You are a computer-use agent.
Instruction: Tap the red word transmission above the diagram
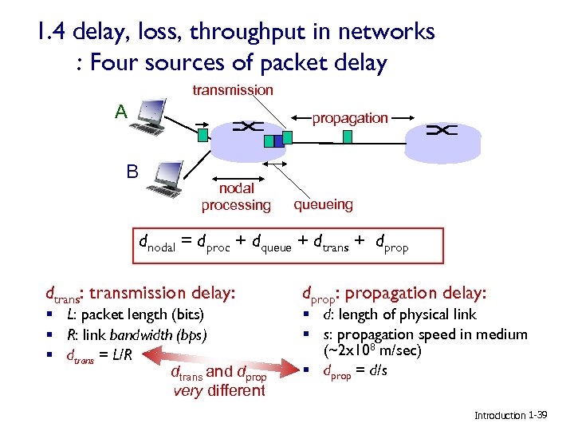click(x=233, y=90)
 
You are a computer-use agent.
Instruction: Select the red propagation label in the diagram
click(x=350, y=118)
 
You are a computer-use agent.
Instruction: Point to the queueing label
click(x=323, y=204)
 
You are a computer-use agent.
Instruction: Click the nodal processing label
click(x=236, y=197)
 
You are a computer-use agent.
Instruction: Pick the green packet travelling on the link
click(x=348, y=136)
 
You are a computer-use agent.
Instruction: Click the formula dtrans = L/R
click(x=96, y=354)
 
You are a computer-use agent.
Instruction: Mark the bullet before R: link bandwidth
click(x=49, y=335)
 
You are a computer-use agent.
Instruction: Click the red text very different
click(x=219, y=390)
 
